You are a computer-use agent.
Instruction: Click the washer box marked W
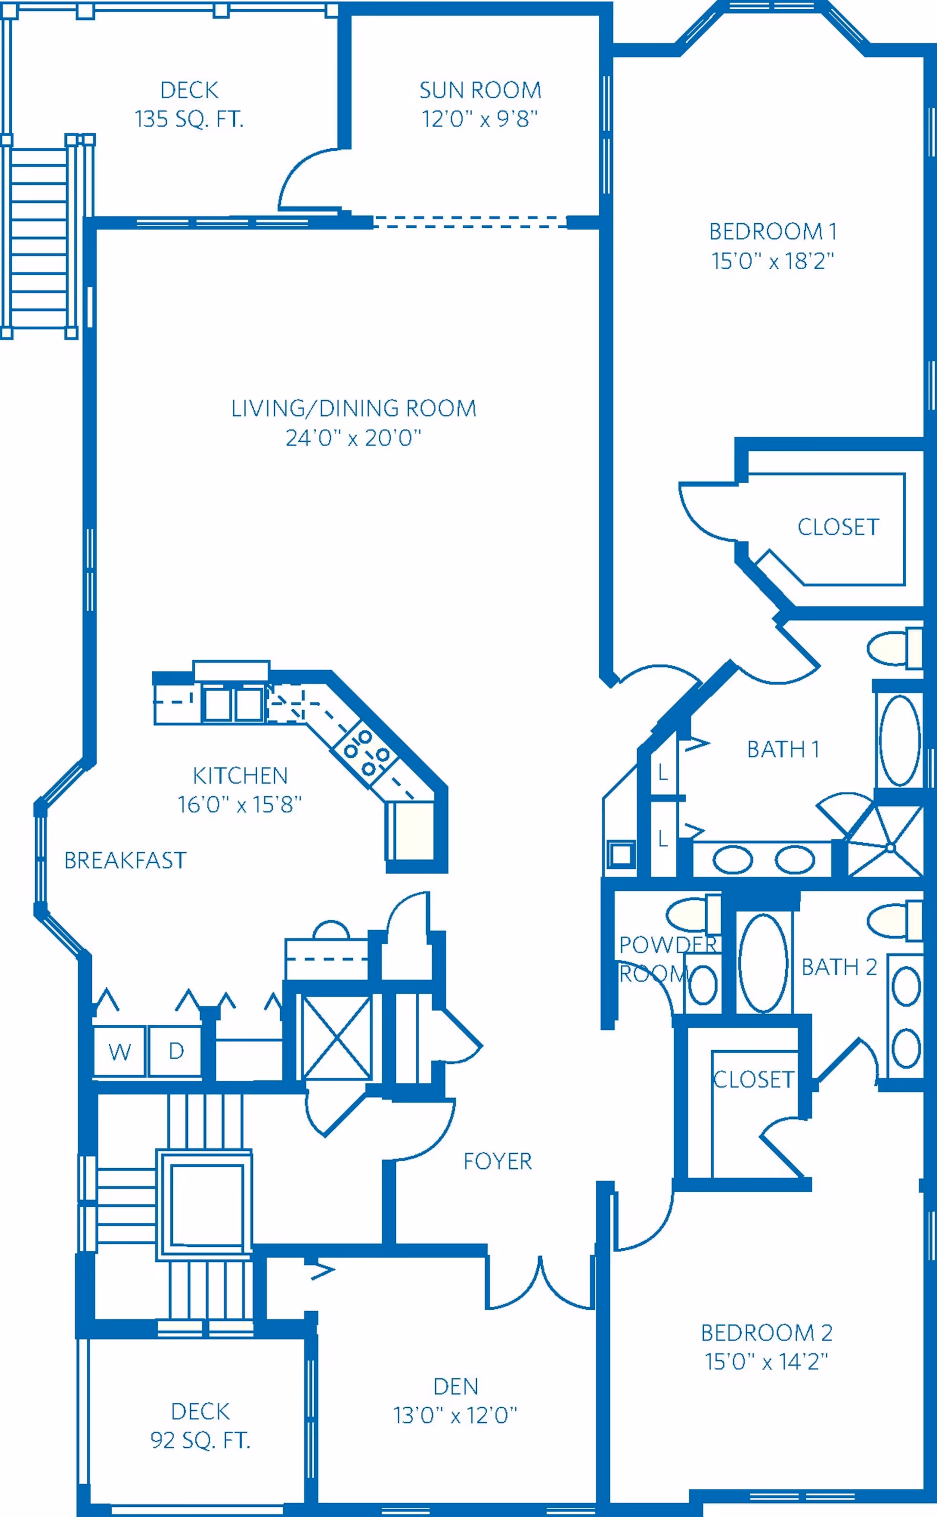tap(120, 1051)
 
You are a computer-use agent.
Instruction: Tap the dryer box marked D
tap(175, 1051)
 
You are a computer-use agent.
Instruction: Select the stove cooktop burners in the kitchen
tap(366, 753)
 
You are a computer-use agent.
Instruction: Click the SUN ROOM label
tap(480, 90)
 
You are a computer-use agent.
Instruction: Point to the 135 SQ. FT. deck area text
tap(190, 119)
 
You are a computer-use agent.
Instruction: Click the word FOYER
tap(498, 1161)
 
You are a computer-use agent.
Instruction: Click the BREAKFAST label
tap(125, 860)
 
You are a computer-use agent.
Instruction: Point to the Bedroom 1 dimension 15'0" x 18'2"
tap(773, 261)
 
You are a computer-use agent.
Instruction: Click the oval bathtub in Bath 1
tap(899, 740)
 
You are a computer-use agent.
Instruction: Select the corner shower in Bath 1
tap(886, 840)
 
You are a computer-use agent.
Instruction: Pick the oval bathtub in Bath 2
tap(763, 964)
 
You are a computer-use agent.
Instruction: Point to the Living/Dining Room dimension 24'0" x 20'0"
tap(353, 438)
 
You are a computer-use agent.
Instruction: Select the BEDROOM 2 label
tap(767, 1333)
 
